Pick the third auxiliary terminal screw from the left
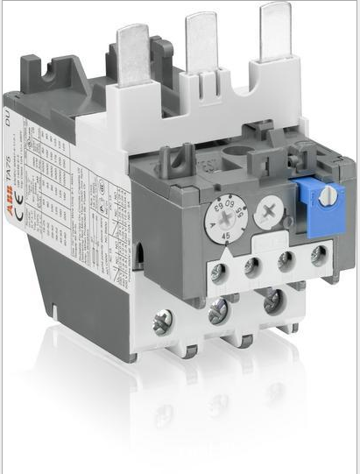(287, 259)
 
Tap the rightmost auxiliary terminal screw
(319, 255)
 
